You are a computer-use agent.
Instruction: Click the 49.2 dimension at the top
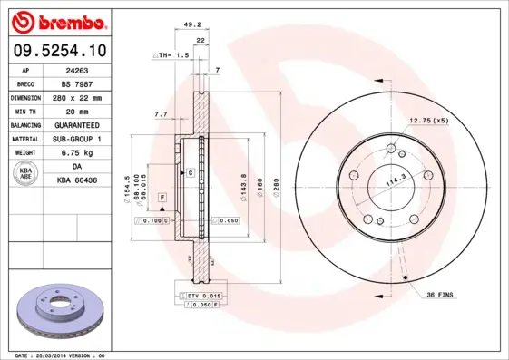191,25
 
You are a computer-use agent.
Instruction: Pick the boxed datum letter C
191,172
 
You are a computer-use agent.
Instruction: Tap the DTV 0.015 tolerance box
199,297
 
